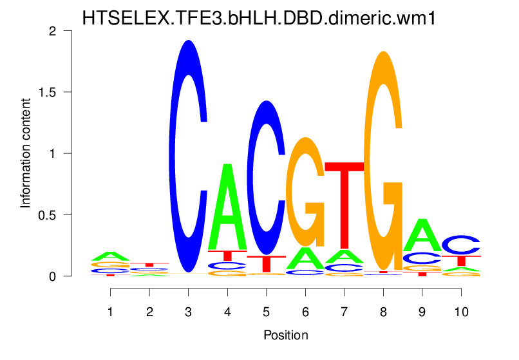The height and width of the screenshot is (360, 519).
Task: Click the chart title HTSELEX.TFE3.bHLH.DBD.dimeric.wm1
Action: (x=259, y=18)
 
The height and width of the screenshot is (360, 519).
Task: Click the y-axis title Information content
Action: (x=26, y=153)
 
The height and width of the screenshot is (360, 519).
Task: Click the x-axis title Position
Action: (x=285, y=336)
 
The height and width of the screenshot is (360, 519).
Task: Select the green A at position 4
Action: (x=227, y=206)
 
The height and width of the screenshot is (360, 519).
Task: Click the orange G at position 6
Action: (x=305, y=193)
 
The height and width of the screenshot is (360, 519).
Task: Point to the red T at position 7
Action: (x=344, y=206)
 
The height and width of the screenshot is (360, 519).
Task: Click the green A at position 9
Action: (x=422, y=236)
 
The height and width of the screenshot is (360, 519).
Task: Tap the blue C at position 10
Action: (x=461, y=245)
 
